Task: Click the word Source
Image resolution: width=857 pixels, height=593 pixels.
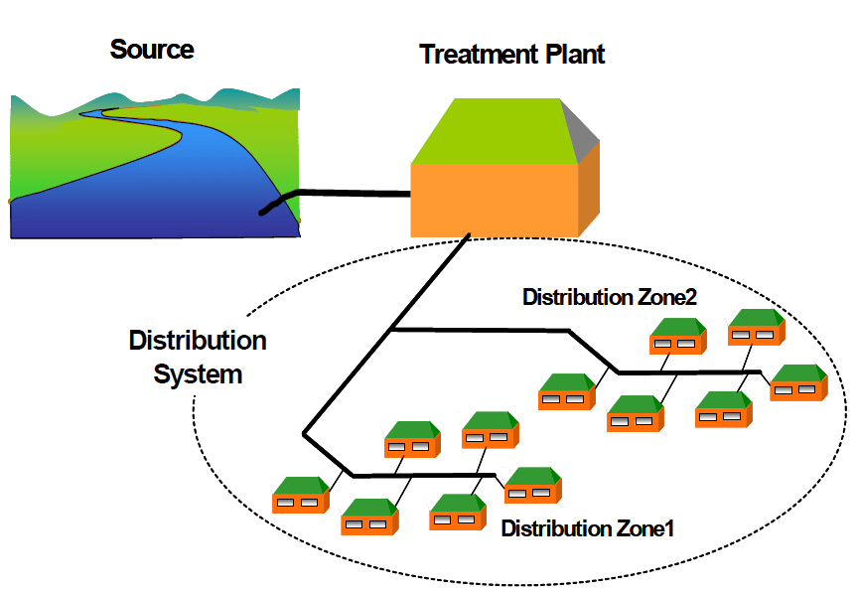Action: pyautogui.click(x=152, y=49)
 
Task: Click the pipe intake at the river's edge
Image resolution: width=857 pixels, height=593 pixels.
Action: pyautogui.click(x=264, y=209)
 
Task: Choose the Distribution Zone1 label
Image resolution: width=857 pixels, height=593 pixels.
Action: pyautogui.click(x=588, y=528)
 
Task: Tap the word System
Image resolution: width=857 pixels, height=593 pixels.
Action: pyautogui.click(x=199, y=374)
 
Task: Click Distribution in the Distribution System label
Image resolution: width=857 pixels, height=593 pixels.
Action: pyautogui.click(x=198, y=342)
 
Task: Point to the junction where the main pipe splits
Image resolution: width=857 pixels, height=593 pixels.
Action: pyautogui.click(x=392, y=328)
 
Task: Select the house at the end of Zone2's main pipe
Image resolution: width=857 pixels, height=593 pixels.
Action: pyautogui.click(x=797, y=383)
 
